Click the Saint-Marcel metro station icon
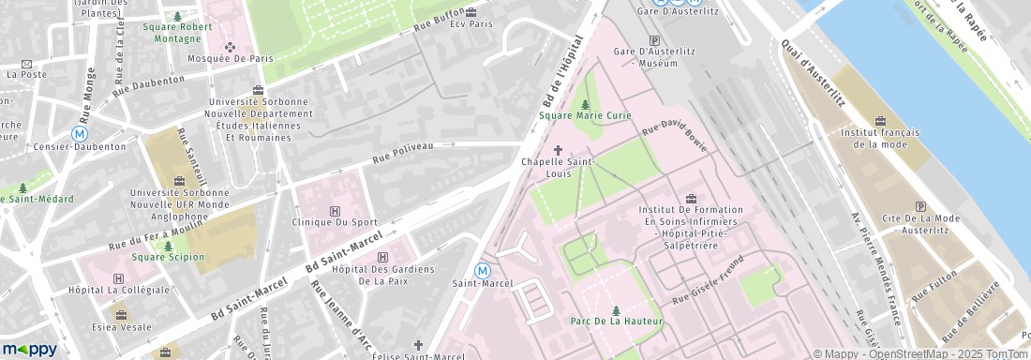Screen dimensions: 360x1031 pos(483,270)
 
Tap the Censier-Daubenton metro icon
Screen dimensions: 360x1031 pos(80,134)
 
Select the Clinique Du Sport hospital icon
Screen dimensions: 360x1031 pos(336,210)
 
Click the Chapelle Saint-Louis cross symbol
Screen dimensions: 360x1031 pos(560,149)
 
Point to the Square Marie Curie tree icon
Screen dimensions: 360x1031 pos(586,104)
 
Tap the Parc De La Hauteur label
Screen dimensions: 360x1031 pos(617,321)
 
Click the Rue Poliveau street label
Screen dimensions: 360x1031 pos(403,153)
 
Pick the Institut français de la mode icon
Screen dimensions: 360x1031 pos(879,121)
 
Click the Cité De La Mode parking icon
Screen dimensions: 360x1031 pos(919,206)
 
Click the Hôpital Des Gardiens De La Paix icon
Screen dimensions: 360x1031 pos(381,257)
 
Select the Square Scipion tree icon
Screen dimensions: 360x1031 pos(168,246)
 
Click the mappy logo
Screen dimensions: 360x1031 pos(30,349)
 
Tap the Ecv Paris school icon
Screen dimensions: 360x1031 pos(471,12)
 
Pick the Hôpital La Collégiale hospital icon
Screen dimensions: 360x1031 pos(118,278)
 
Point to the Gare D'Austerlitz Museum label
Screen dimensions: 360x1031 pos(645,57)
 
